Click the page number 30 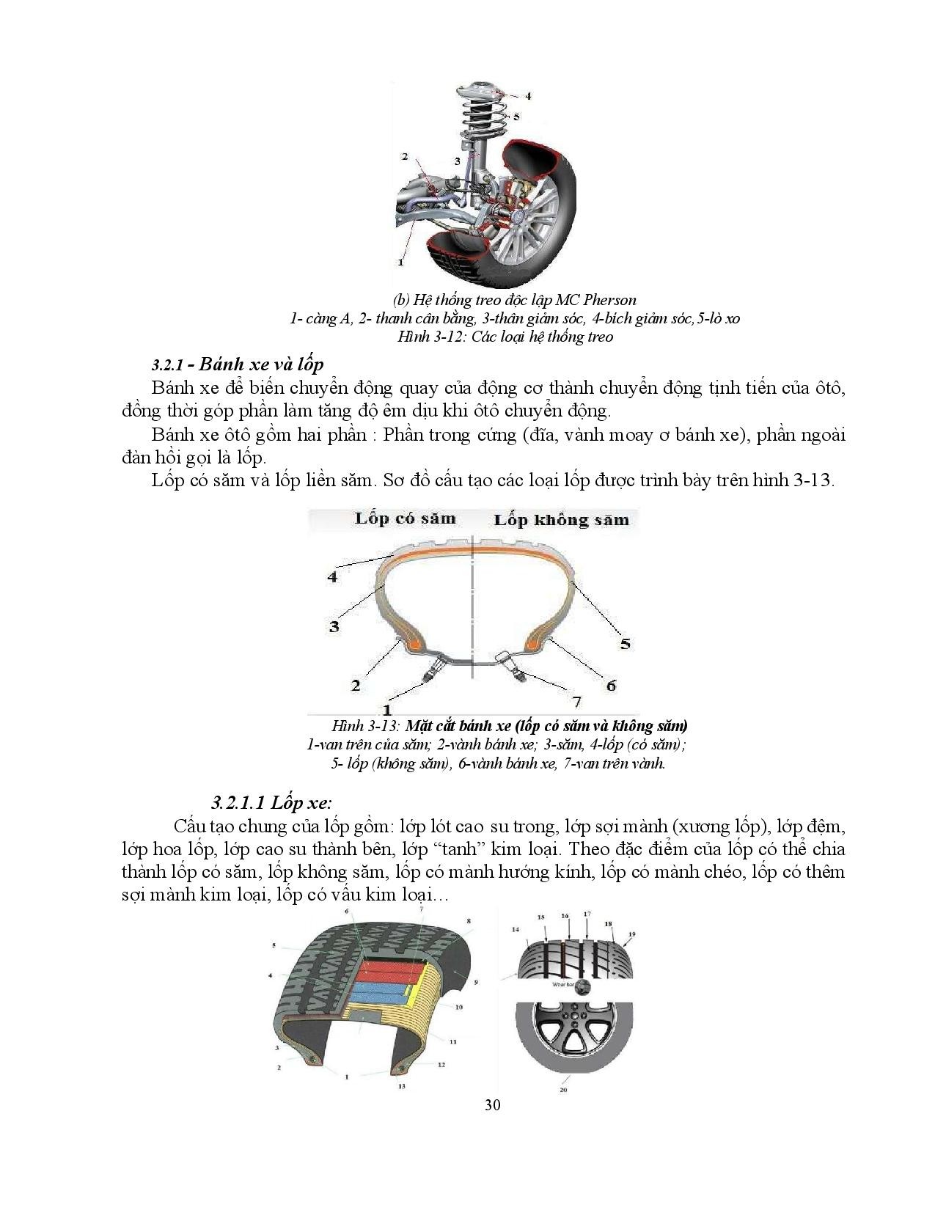(x=493, y=1105)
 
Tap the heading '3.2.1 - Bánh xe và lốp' (x=238, y=364)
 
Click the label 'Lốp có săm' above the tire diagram (x=405, y=518)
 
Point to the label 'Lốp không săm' (x=561, y=520)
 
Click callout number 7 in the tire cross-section (x=576, y=702)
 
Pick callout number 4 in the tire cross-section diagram (x=332, y=576)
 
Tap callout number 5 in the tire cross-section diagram (x=625, y=643)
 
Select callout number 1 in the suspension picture (x=401, y=260)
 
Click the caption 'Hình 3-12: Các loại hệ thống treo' (x=505, y=337)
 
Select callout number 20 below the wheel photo (x=563, y=1090)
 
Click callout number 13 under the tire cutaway (x=402, y=1086)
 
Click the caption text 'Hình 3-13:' (x=364, y=726)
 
